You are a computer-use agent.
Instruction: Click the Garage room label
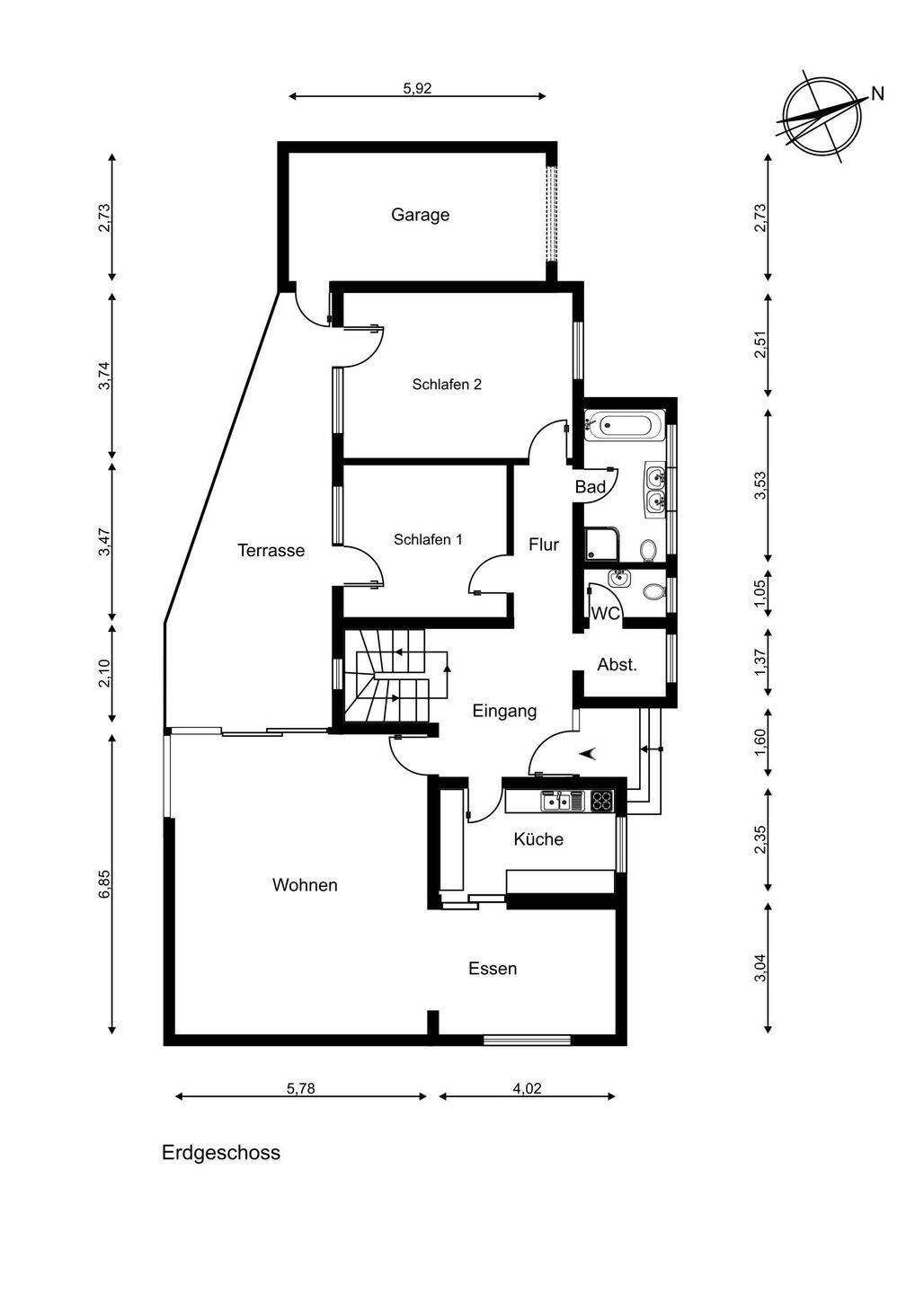[x=420, y=215]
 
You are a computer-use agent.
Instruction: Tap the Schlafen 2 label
[x=447, y=385]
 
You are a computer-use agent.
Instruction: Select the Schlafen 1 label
[x=428, y=540]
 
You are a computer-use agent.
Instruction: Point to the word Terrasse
[x=271, y=551]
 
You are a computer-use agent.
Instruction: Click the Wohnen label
[x=305, y=886]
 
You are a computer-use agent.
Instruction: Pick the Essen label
[x=493, y=970]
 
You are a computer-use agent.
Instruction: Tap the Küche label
[x=538, y=839]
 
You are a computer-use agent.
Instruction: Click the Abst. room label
[x=617, y=666]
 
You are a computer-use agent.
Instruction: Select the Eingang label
[x=504, y=712]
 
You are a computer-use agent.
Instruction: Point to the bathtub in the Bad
[x=625, y=423]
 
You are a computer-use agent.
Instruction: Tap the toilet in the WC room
[x=653, y=591]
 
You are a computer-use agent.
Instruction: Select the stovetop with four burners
[x=602, y=800]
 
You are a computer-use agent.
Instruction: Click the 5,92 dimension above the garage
[x=418, y=88]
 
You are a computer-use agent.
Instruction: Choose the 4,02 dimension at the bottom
[x=527, y=1088]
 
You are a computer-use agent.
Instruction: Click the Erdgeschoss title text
[x=221, y=1153]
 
